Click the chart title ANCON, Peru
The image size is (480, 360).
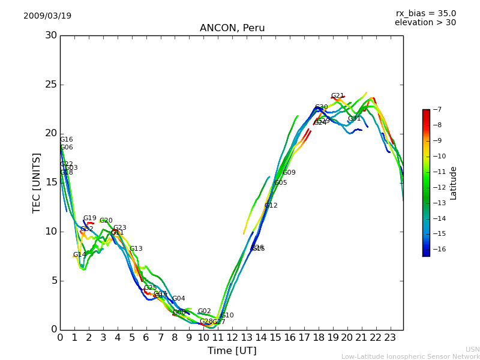[232, 28]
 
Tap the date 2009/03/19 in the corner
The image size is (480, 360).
[47, 16]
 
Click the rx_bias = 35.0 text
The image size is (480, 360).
[425, 13]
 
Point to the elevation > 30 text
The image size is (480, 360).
[425, 23]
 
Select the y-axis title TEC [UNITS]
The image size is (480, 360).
[37, 182]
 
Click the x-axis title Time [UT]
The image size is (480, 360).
[232, 350]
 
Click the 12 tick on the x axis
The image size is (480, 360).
[232, 337]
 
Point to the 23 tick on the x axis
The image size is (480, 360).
[390, 337]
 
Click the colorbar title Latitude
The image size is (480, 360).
[454, 182]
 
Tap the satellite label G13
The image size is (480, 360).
[136, 249]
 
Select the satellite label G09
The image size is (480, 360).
[289, 173]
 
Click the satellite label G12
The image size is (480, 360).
[271, 206]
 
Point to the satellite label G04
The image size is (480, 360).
[179, 299]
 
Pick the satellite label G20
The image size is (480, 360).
[106, 221]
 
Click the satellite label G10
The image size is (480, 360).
[227, 316]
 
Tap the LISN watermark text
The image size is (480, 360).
[472, 349]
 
